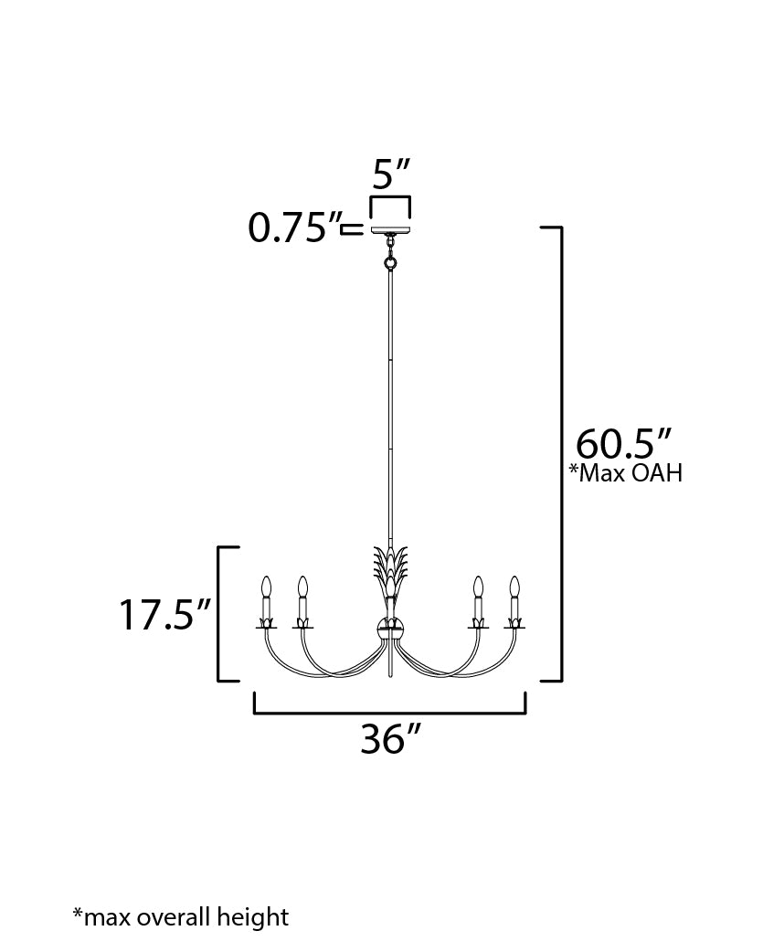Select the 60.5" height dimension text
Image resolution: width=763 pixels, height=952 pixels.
coord(623,444)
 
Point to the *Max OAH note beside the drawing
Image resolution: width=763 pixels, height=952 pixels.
coord(626,472)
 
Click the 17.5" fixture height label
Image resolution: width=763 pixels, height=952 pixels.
coord(164,614)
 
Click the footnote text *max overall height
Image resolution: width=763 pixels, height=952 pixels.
coord(181,916)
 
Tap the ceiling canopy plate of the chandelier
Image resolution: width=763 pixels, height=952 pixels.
coord(390,229)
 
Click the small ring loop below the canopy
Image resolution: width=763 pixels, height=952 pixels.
coord(390,263)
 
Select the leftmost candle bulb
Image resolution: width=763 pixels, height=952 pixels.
coord(265,587)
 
